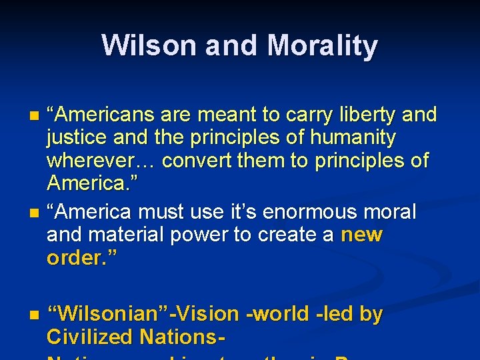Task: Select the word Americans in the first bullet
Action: point(107,115)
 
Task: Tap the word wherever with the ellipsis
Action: point(101,161)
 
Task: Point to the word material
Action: point(133,235)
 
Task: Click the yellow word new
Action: point(361,235)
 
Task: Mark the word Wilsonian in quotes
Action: point(110,314)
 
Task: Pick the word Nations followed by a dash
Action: point(181,337)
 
